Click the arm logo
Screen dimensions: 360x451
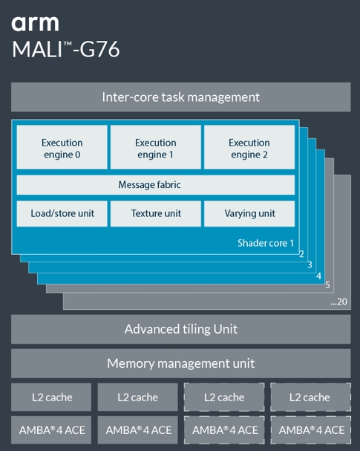[35, 24]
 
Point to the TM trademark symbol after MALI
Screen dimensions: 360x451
[68, 44]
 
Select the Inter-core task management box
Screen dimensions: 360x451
[180, 97]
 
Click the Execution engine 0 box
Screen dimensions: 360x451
[62, 147]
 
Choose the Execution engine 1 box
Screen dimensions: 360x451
[156, 147]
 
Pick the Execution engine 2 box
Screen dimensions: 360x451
[249, 147]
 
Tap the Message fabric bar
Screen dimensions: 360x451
[156, 185]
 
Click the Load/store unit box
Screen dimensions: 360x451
[62, 214]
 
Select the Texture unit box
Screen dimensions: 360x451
[156, 214]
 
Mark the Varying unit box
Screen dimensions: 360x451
[249, 214]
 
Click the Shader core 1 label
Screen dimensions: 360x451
[266, 244]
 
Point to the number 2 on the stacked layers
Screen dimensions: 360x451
[301, 254]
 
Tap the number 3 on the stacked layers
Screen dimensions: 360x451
[310, 265]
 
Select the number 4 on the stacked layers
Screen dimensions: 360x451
[318, 276]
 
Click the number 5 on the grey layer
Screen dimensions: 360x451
[327, 285]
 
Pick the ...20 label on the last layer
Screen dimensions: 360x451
[339, 302]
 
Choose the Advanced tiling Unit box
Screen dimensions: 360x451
[180, 329]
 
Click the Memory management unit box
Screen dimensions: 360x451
[180, 363]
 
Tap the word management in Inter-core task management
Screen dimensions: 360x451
[223, 98]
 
